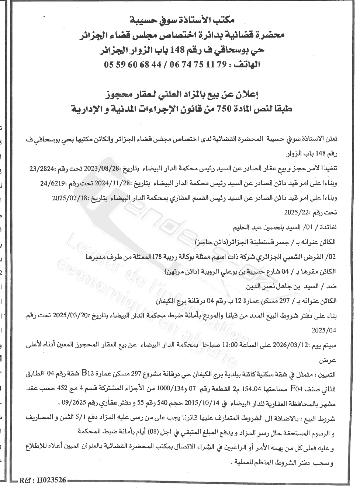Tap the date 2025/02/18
(x=67, y=197)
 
